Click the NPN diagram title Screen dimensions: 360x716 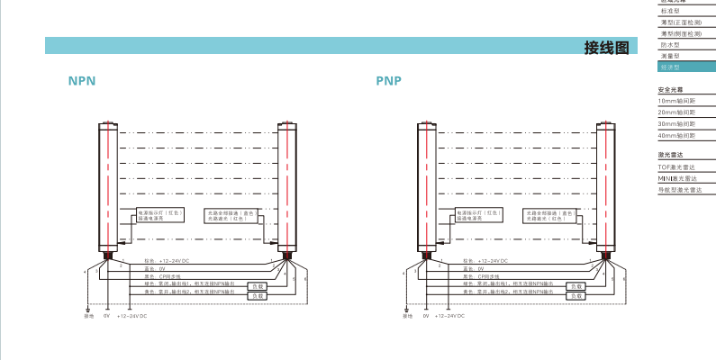tap(82, 80)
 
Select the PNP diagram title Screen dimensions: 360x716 tap(388, 80)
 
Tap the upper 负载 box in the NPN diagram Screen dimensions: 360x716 tap(258, 286)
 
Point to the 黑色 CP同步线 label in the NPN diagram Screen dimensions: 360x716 tap(159, 276)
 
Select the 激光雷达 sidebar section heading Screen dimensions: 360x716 tap(671, 156)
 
